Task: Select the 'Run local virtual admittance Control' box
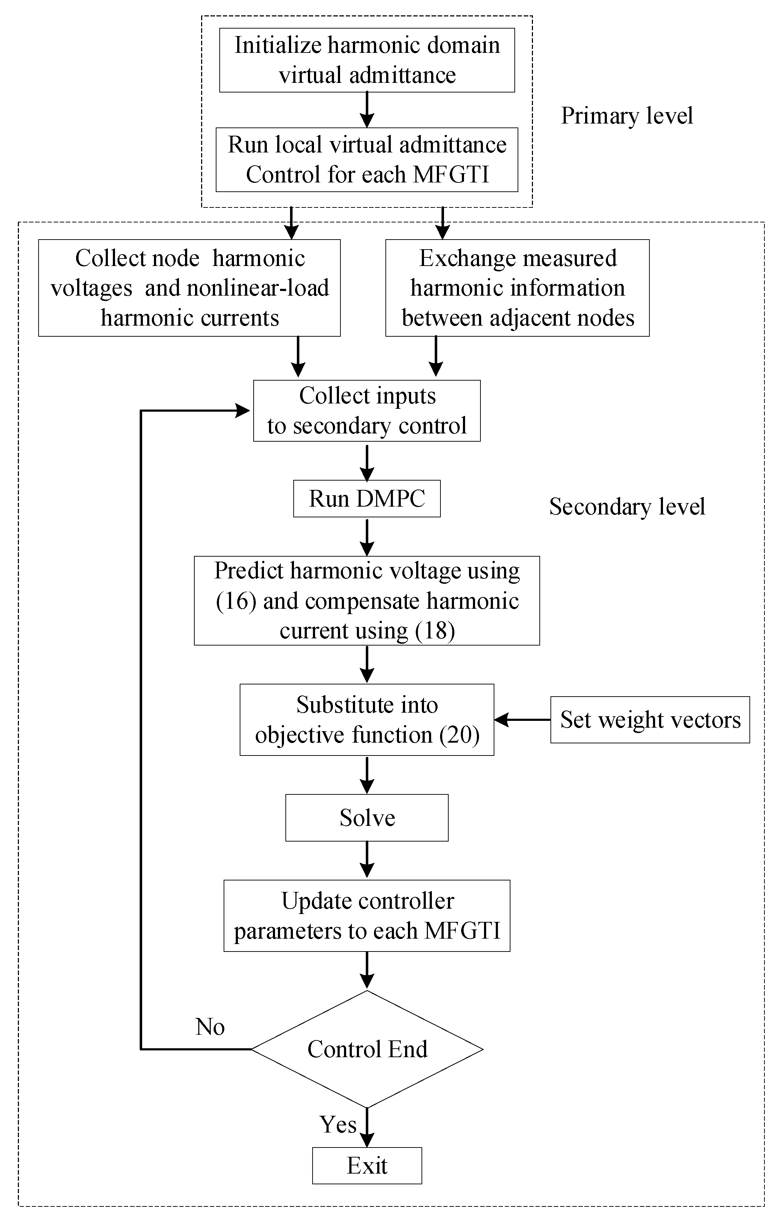[x=367, y=160]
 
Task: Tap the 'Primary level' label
[x=627, y=116]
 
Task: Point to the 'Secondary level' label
[x=627, y=507]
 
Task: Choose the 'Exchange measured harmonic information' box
[x=518, y=288]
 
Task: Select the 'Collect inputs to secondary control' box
[x=367, y=411]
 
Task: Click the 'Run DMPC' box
[x=367, y=498]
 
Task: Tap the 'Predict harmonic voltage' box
[x=367, y=601]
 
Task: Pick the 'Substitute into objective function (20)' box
[x=367, y=720]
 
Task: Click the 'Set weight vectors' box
[x=650, y=720]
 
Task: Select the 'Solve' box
[x=367, y=818]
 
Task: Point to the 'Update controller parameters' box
[x=367, y=915]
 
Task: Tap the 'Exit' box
[x=367, y=1166]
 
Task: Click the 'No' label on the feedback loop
[x=210, y=1026]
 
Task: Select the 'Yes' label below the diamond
[x=338, y=1124]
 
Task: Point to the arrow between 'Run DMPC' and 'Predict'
[x=367, y=537]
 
